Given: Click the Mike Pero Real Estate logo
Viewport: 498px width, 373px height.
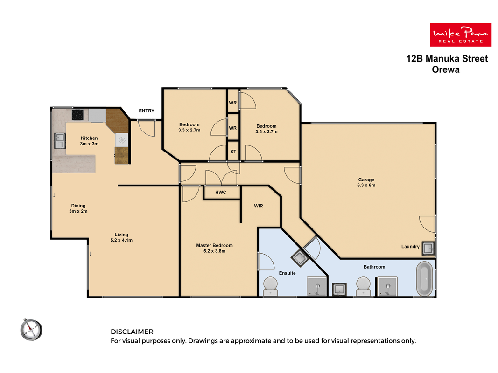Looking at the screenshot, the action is point(460,35).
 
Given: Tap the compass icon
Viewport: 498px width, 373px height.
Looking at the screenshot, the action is point(31,330).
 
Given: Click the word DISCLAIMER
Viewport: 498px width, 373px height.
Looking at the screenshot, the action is point(132,332).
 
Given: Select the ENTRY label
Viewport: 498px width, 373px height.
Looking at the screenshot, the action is point(147,111).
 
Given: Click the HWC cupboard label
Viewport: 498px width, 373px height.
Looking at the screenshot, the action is point(221,192).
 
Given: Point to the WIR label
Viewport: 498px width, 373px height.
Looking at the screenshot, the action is point(259,206).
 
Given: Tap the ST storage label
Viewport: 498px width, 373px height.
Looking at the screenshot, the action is point(233,152).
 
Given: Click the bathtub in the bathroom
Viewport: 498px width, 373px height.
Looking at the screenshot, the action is point(425,279).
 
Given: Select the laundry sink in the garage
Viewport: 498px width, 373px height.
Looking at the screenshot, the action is point(428,249).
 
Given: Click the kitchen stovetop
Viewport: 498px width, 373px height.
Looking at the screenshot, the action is point(77,115).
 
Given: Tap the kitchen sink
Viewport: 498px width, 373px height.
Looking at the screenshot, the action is point(60,140).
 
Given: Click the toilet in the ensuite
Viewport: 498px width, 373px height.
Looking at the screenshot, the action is point(270,286).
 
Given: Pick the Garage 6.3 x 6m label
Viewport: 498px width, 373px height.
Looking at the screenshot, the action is point(366,182).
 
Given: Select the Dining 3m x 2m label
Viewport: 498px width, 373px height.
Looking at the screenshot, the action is point(78,208).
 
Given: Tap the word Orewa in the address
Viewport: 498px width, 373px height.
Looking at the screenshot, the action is point(446,69).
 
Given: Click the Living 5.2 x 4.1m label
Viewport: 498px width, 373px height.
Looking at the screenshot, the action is point(121,237).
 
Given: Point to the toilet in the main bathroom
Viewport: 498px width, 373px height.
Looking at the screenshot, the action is point(363,286).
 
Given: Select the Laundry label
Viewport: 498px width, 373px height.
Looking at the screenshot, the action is point(410,247).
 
